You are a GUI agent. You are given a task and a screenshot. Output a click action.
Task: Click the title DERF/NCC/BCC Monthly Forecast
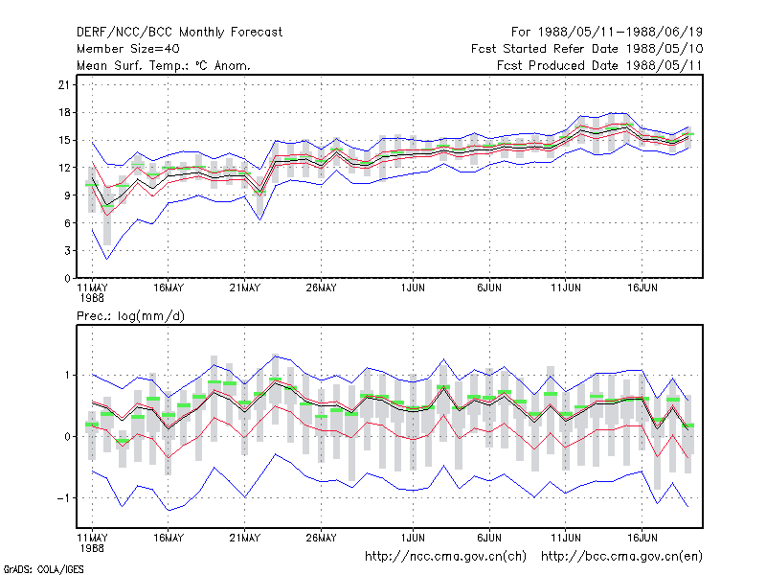point(179,33)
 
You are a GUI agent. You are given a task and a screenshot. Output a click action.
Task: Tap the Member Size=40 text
point(128,49)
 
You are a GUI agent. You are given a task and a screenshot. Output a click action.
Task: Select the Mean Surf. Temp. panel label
point(163,65)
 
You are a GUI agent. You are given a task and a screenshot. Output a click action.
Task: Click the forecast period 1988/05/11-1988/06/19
point(607,33)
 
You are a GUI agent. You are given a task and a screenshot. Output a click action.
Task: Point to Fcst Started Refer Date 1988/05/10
point(587,49)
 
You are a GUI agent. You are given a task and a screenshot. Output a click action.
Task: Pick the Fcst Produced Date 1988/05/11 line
point(599,65)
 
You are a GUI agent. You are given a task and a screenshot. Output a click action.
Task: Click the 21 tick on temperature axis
point(64,85)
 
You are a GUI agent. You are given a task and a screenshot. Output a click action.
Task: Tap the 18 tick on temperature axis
point(64,112)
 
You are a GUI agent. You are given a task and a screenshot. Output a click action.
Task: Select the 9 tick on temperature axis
point(67,195)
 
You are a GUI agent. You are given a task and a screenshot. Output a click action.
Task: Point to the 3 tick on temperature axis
point(67,251)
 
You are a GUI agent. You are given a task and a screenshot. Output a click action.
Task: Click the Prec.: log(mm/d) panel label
point(130,316)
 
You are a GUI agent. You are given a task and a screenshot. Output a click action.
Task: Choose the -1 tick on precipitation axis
point(63,498)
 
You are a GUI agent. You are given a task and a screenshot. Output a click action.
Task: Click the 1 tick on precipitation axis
point(67,376)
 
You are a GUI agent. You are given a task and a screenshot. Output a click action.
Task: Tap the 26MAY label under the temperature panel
point(322,288)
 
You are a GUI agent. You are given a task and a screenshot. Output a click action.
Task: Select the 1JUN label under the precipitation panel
point(413,538)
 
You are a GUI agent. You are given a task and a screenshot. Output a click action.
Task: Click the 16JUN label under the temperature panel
point(642,288)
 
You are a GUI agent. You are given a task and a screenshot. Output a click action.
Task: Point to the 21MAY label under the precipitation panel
point(245,538)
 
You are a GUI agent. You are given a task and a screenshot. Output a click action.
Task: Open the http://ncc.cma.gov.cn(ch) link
point(445,557)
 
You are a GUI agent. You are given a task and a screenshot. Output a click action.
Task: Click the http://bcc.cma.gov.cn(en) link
point(621,557)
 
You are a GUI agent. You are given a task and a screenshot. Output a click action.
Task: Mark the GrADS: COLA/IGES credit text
point(43,569)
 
